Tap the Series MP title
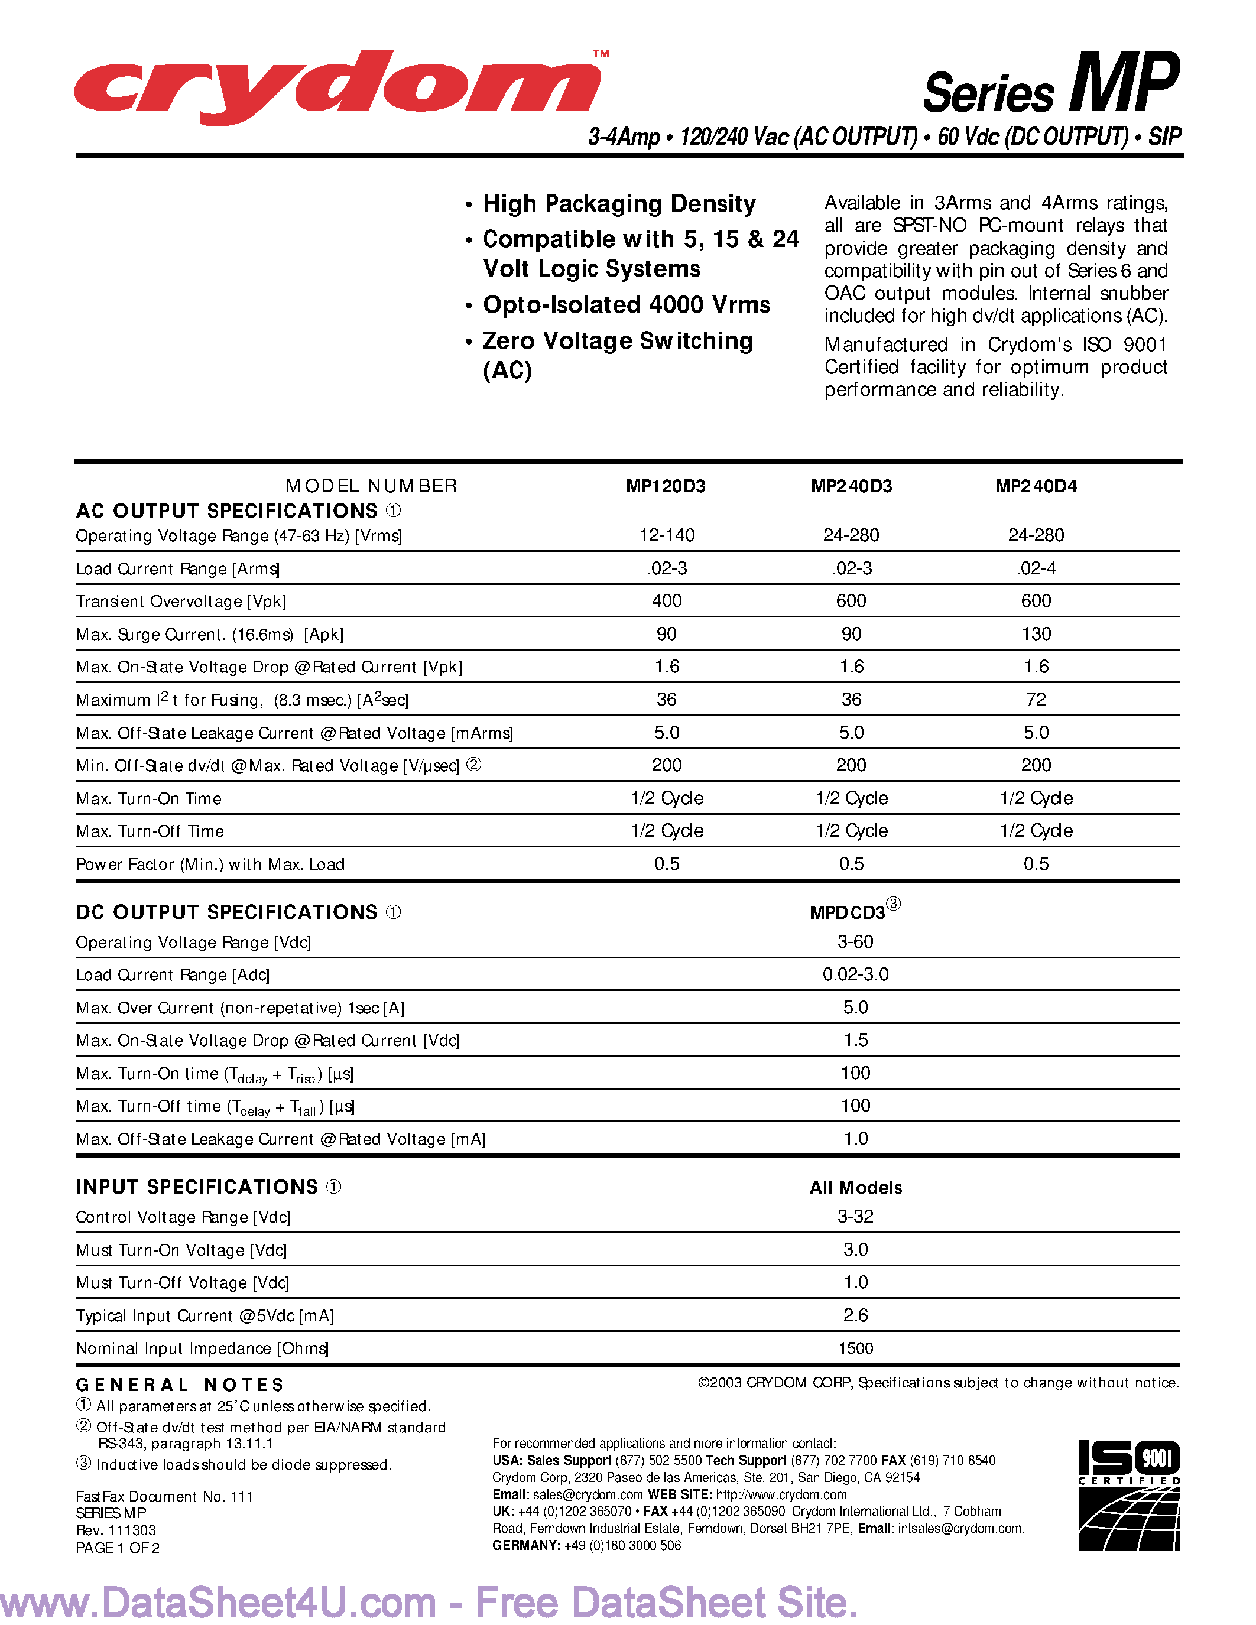[1051, 86]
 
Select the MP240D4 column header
[1036, 486]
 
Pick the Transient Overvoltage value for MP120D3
[666, 601]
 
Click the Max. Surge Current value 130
[1036, 634]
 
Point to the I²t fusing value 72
[1036, 700]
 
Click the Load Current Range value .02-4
[1036, 568]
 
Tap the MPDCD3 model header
[848, 913]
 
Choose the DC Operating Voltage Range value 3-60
[855, 942]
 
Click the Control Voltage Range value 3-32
[855, 1217]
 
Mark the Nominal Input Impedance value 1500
[855, 1348]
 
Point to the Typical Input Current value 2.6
[855, 1315]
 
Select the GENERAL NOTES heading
[180, 1384]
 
